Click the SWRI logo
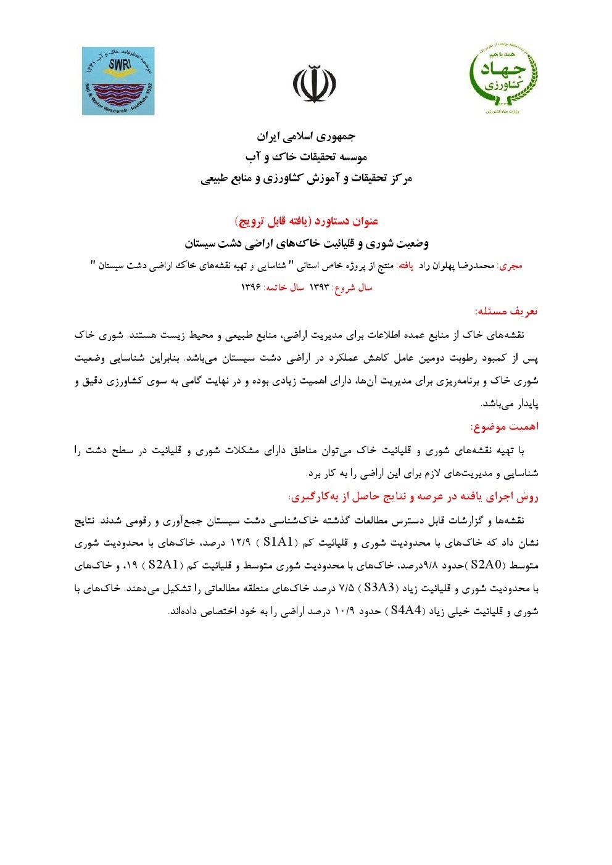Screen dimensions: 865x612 click(x=118, y=81)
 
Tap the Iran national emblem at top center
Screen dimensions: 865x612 click(x=313, y=84)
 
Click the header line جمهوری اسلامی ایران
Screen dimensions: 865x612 click(x=306, y=136)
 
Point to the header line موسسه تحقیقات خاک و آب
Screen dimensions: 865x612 click(x=306, y=157)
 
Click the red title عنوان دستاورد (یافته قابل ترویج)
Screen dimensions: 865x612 click(x=306, y=221)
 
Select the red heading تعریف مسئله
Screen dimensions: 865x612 click(x=507, y=311)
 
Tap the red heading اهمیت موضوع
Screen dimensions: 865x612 click(x=505, y=427)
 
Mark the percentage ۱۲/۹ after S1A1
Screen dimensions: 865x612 click(x=240, y=543)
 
